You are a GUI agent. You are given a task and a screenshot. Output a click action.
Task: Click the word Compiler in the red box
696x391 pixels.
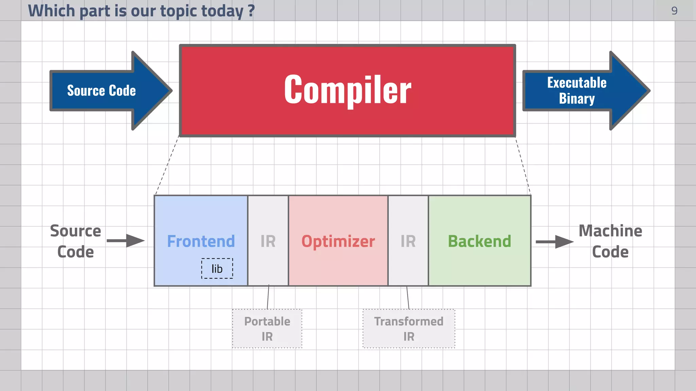click(347, 90)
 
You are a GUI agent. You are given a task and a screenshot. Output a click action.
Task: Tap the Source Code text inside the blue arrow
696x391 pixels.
click(101, 91)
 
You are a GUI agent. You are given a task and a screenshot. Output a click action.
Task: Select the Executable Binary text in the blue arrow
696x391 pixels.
click(576, 91)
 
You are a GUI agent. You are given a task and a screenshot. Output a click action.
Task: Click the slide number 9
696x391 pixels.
click(674, 11)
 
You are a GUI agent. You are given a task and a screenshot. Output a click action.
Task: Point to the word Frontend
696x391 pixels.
click(201, 241)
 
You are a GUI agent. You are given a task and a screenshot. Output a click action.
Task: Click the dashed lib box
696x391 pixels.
click(217, 268)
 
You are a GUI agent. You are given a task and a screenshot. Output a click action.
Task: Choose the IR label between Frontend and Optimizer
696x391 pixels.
click(268, 241)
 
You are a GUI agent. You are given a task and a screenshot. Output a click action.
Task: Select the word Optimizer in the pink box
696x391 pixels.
click(338, 241)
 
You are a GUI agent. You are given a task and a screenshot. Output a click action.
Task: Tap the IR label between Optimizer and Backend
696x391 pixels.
click(408, 241)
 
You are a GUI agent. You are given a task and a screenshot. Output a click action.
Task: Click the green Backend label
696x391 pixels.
click(479, 241)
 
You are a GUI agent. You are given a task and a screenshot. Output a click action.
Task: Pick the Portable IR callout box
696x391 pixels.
click(267, 329)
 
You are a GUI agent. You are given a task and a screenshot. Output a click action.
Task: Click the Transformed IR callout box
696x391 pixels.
click(408, 329)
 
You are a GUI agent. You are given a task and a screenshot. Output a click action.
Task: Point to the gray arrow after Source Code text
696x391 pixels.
click(126, 241)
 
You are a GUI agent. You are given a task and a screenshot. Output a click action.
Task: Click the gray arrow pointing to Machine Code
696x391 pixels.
click(555, 242)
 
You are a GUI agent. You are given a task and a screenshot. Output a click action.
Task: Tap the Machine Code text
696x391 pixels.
click(610, 241)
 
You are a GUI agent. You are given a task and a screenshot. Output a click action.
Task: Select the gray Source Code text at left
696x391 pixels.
click(75, 241)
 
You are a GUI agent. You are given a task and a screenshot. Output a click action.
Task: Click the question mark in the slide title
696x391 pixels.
click(251, 11)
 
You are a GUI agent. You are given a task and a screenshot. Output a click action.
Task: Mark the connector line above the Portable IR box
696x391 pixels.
click(268, 297)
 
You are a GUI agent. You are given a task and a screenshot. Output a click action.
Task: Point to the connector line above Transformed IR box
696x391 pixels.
click(408, 297)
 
